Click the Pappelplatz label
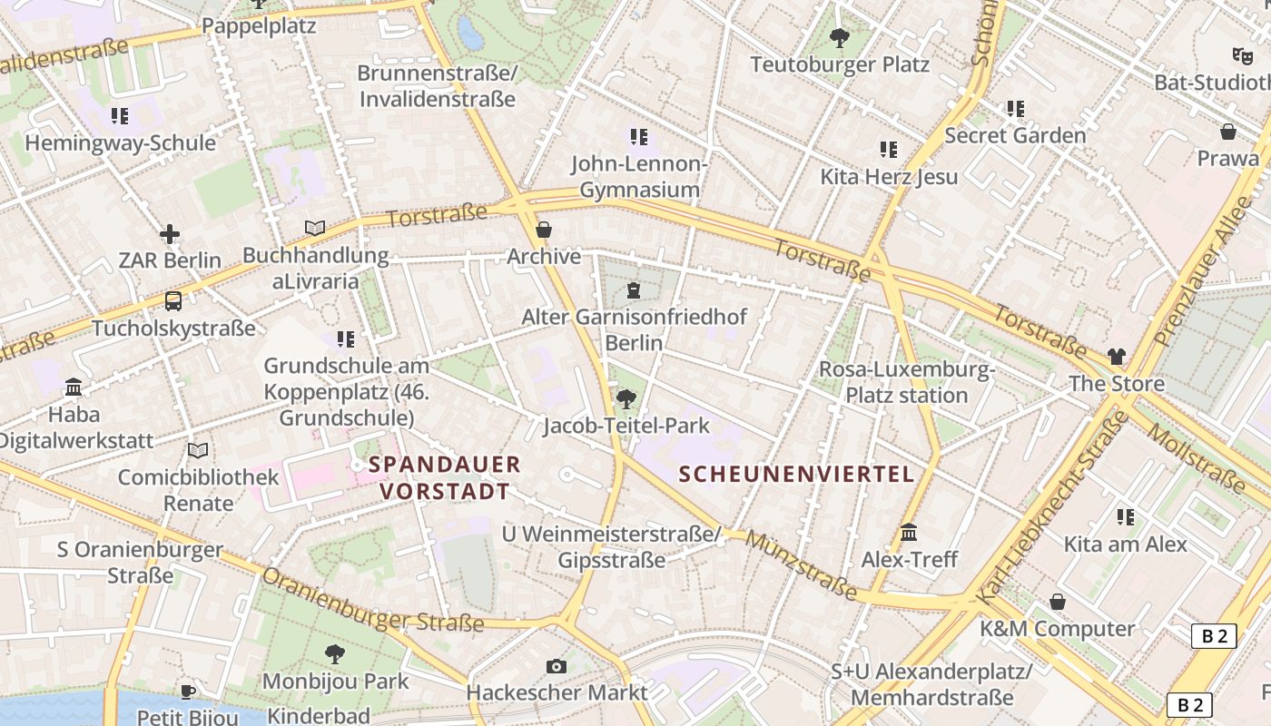(259, 25)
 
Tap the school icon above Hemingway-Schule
(120, 116)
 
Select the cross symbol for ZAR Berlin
(170, 234)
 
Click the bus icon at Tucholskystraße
(173, 301)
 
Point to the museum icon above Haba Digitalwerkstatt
(74, 388)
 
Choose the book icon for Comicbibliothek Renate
(198, 450)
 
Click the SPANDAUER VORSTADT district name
(445, 478)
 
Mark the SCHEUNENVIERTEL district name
(796, 474)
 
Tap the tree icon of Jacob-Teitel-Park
(626, 399)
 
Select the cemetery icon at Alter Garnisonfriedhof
(633, 290)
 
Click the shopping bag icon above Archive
(544, 230)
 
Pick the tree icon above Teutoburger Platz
(840, 38)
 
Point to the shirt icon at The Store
(1116, 357)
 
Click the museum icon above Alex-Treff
(909, 533)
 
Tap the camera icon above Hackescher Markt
(557, 667)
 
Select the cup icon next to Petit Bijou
(188, 692)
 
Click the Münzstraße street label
(802, 565)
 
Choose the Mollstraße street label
(1197, 459)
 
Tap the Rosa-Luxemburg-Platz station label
(907, 382)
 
